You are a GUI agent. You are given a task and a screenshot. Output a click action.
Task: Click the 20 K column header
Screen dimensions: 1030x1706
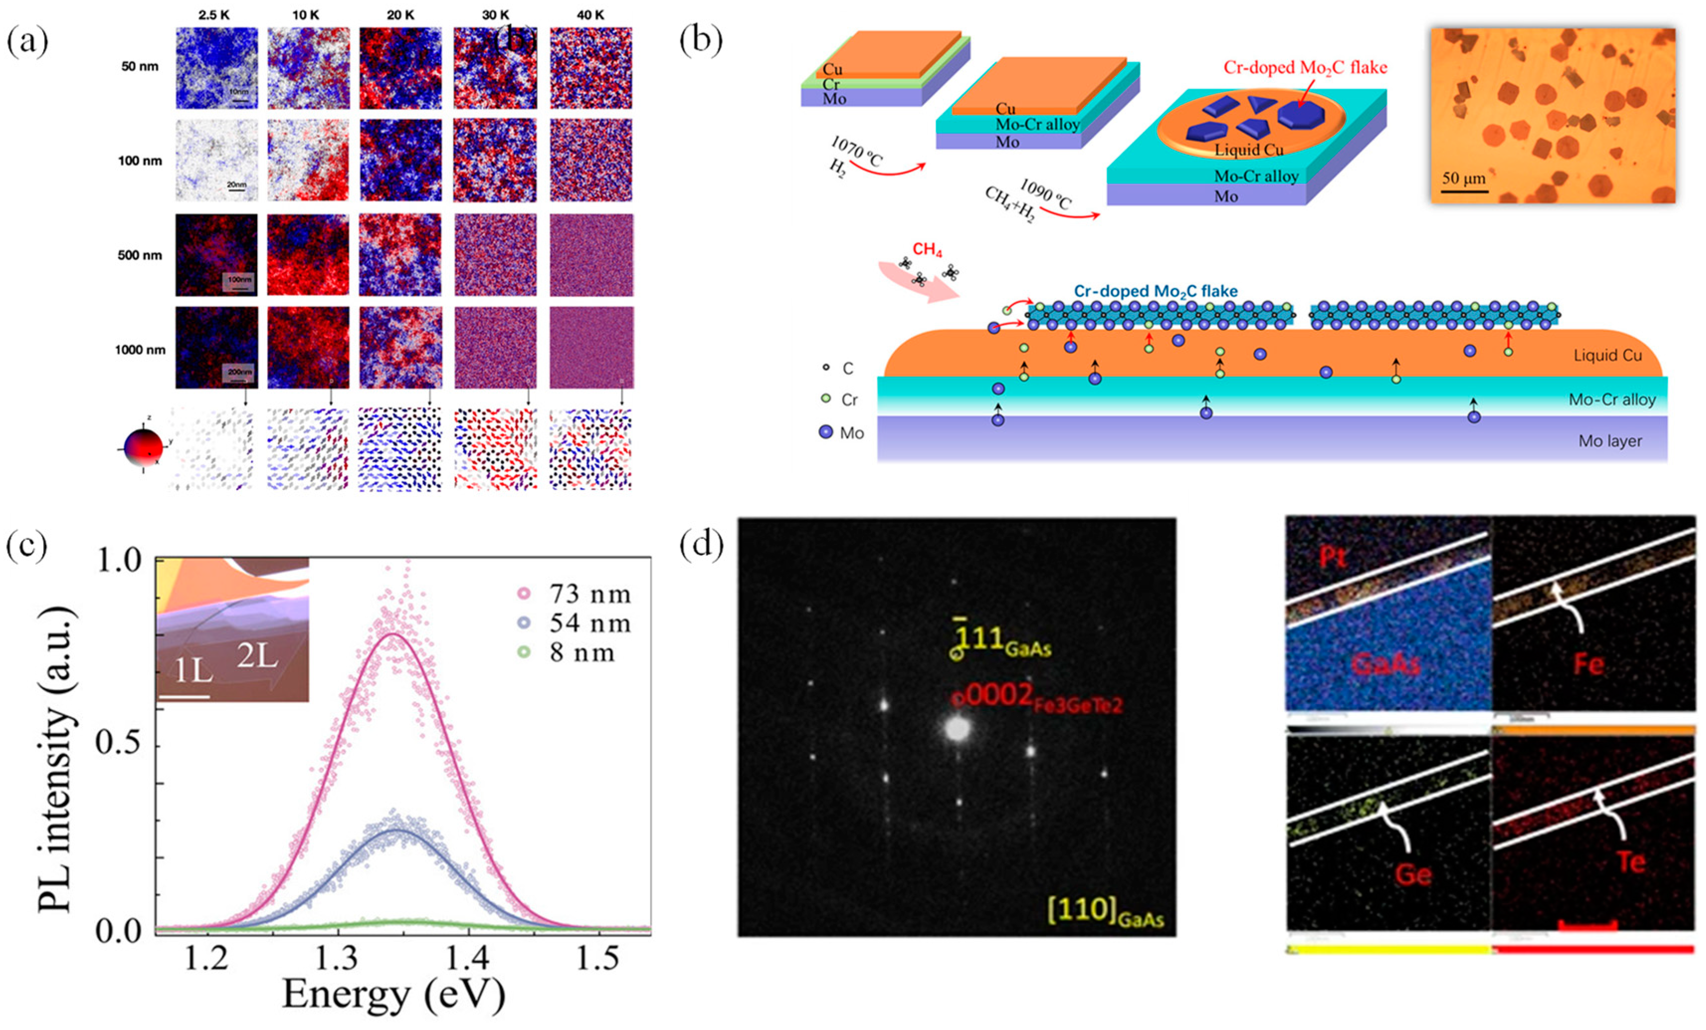(x=400, y=14)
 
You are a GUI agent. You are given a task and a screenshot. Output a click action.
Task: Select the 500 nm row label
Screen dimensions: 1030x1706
(x=139, y=255)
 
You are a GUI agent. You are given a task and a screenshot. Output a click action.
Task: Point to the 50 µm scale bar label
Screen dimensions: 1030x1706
(x=1464, y=178)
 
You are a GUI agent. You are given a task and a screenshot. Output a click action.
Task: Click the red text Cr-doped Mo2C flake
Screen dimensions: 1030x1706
(x=1305, y=68)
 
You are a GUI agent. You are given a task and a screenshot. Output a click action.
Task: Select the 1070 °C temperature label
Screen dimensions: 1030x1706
(x=856, y=151)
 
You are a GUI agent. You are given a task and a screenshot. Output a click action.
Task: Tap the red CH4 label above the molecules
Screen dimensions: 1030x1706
(x=927, y=249)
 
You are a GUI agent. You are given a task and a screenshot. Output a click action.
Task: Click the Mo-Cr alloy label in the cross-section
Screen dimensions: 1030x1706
(x=1612, y=400)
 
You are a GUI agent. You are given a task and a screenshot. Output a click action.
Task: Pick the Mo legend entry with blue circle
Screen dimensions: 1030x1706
(x=841, y=433)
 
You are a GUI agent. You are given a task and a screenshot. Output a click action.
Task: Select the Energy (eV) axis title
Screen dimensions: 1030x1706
(x=393, y=994)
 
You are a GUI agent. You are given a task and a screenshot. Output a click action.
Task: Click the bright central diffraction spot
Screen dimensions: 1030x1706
(x=957, y=728)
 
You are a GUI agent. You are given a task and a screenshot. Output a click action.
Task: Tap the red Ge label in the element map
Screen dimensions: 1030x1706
(x=1413, y=875)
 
